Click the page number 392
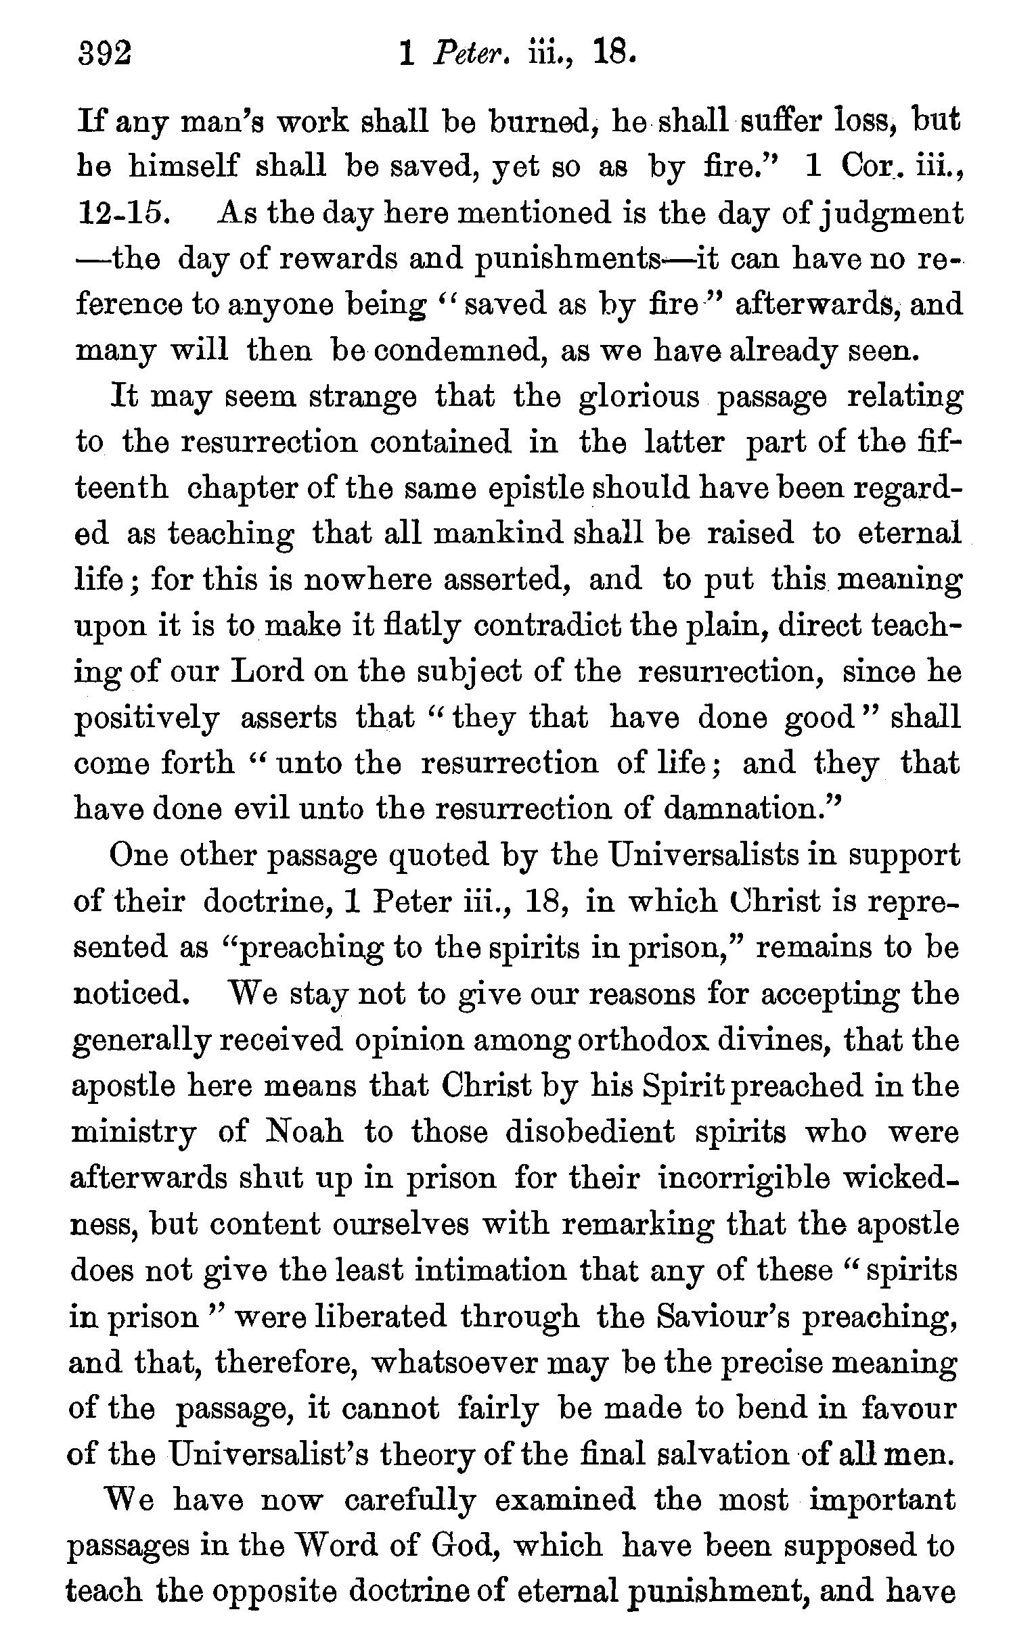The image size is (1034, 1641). [x=104, y=53]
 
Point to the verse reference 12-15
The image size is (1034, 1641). [x=120, y=214]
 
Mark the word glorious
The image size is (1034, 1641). [x=639, y=398]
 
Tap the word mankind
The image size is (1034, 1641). [x=498, y=534]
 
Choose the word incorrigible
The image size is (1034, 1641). [x=744, y=1178]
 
